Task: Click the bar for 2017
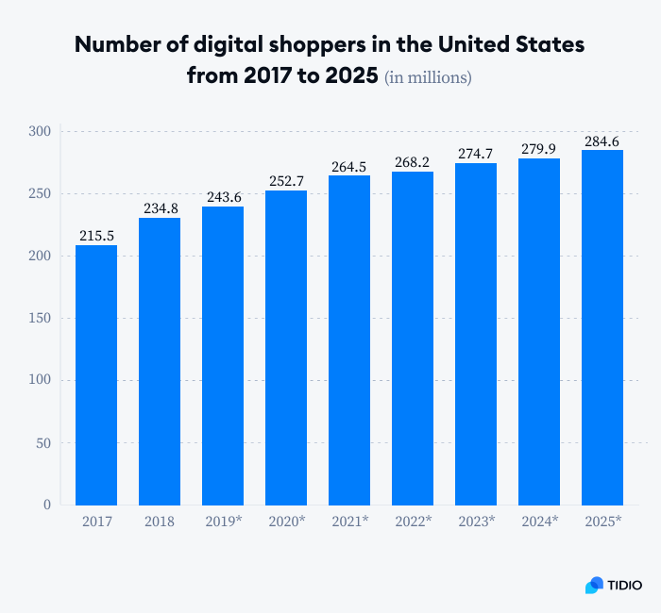[x=96, y=374]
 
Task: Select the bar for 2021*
[x=349, y=340]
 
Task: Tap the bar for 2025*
[x=602, y=327]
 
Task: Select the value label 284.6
[x=602, y=141]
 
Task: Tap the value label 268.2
[x=413, y=162]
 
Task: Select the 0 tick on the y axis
[x=47, y=505]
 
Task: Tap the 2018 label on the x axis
[x=160, y=522]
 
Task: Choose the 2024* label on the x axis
[x=539, y=522]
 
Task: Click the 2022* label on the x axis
[x=413, y=522]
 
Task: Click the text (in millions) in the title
[x=428, y=77]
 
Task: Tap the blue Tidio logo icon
[x=594, y=586]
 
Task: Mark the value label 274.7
[x=476, y=154]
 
